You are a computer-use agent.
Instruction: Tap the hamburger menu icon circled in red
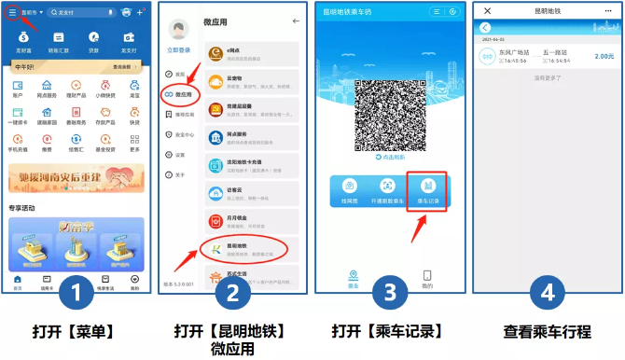(x=12, y=12)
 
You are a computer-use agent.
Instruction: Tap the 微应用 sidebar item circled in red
(x=179, y=93)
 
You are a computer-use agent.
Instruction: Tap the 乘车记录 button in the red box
(x=430, y=190)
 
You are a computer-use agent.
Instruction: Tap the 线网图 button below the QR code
(x=350, y=190)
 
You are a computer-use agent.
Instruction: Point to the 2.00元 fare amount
(x=604, y=56)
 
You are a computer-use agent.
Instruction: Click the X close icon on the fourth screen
(x=487, y=10)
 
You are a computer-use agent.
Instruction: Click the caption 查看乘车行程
(x=547, y=333)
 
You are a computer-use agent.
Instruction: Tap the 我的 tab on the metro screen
(x=427, y=278)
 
